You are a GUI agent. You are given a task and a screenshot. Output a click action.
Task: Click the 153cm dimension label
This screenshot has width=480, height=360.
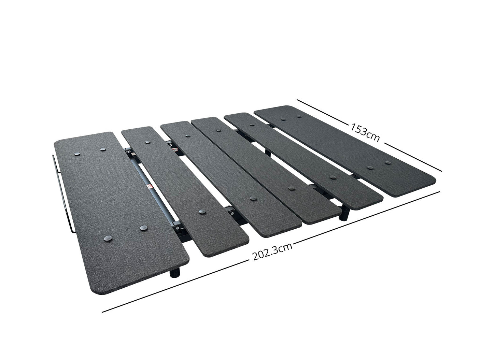coord(365,132)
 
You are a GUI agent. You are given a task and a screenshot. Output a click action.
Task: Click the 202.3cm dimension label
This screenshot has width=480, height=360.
coord(272,252)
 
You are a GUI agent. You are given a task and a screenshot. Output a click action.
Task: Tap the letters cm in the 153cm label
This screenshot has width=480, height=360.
coord(373,136)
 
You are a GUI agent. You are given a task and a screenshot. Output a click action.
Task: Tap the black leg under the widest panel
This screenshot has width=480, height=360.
coord(175,273)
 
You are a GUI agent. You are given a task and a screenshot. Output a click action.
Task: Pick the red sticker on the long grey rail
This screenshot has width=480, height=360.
coord(150,187)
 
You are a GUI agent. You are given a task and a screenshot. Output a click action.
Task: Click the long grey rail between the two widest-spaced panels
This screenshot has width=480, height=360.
coord(151,186)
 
